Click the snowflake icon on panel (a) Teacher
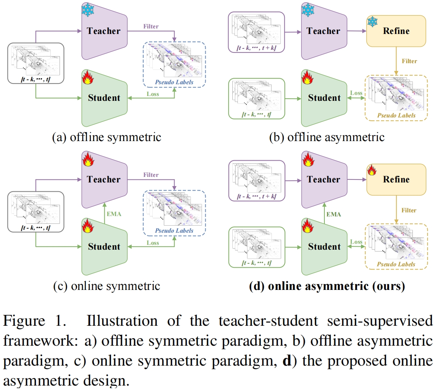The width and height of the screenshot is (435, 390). click(x=88, y=10)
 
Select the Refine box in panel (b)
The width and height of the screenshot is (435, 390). click(x=396, y=31)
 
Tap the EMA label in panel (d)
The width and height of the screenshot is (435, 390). click(x=334, y=214)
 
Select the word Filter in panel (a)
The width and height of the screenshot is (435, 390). click(x=151, y=27)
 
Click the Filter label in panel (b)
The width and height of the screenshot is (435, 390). click(x=409, y=61)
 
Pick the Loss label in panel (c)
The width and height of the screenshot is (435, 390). click(x=153, y=243)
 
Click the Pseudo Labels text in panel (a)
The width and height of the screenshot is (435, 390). click(x=174, y=82)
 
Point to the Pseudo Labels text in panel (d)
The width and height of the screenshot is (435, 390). click(x=396, y=264)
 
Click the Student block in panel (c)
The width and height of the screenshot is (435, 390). click(x=104, y=247)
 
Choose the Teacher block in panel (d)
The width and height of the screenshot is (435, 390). click(x=324, y=179)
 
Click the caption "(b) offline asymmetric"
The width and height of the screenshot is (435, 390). click(x=327, y=137)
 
